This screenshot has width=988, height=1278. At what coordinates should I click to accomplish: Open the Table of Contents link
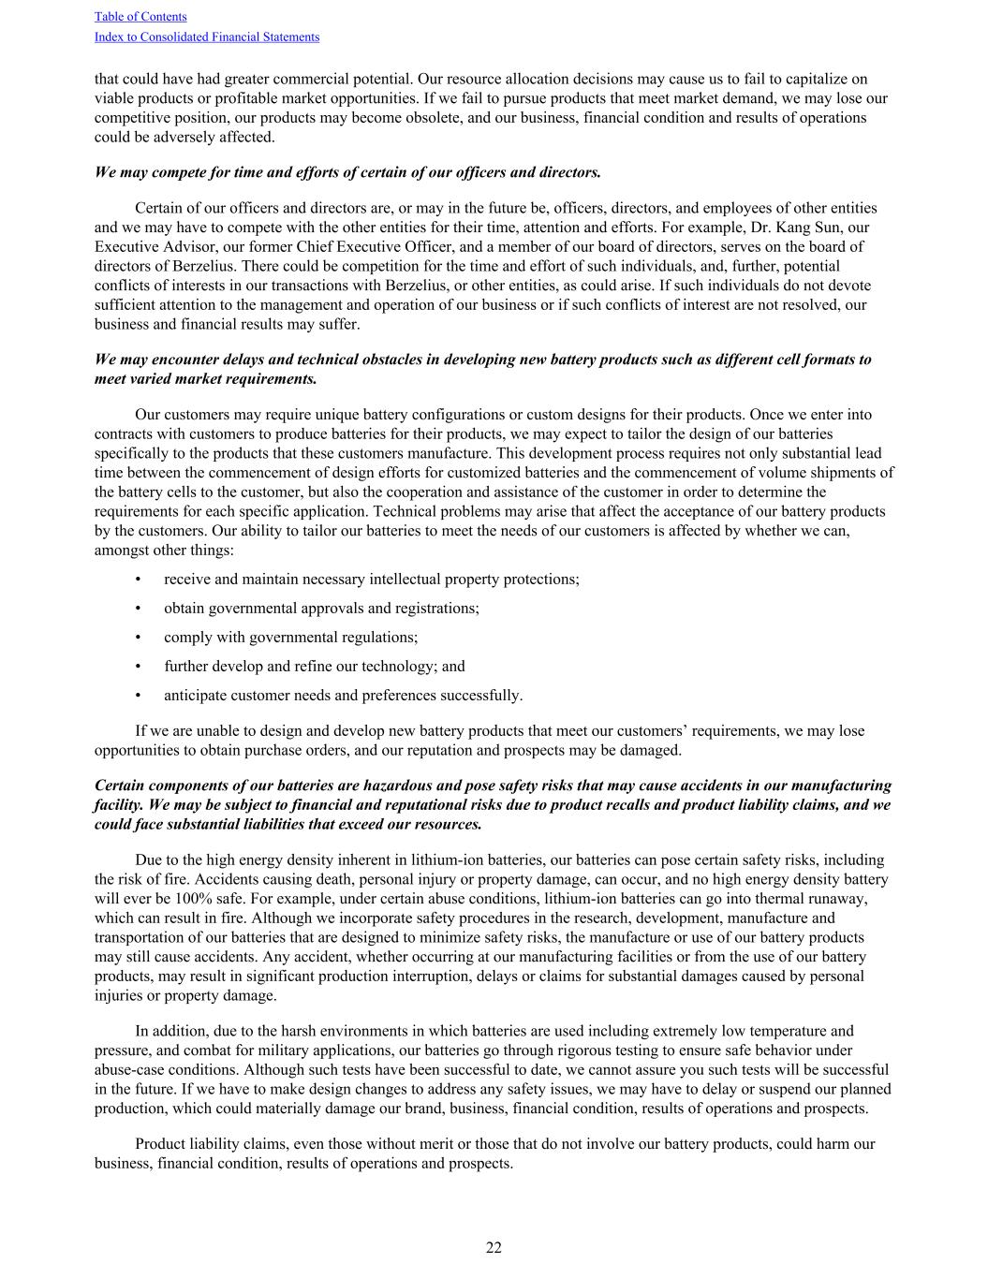[x=140, y=17]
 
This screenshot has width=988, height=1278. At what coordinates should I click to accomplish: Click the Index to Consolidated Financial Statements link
[x=207, y=37]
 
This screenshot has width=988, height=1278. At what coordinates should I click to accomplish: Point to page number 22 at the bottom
[x=494, y=1247]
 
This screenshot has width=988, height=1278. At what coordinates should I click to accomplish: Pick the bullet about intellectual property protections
[x=371, y=580]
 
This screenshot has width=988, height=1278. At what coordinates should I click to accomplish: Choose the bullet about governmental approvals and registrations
[x=321, y=609]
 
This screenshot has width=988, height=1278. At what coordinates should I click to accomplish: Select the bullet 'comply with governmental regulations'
[x=290, y=638]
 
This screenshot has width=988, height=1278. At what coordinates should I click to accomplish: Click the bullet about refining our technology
[x=314, y=667]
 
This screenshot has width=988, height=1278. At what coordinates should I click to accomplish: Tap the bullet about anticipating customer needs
[x=343, y=696]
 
